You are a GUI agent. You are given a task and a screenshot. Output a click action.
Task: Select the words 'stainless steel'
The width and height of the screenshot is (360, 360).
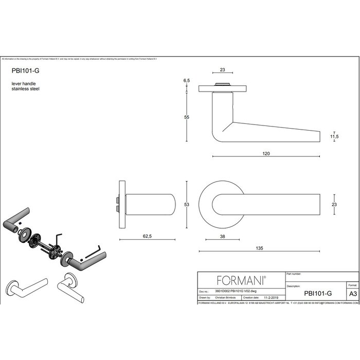pos(25,88)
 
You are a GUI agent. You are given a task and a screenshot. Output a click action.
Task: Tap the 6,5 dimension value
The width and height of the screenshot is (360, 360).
pos(187,81)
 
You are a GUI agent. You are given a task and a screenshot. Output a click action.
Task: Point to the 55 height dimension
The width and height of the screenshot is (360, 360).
pos(187,117)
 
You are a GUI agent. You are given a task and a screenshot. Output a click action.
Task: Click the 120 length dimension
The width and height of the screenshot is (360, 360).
pos(266,154)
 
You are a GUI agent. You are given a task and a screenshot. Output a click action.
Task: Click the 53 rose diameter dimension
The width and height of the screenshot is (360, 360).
pos(187,205)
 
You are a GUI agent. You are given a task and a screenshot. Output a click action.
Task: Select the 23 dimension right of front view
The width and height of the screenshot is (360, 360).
pos(335,205)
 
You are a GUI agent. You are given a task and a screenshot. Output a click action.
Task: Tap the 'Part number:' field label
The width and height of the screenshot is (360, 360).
pos(294,275)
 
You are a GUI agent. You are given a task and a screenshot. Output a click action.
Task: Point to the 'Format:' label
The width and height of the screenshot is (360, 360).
pos(352,284)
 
